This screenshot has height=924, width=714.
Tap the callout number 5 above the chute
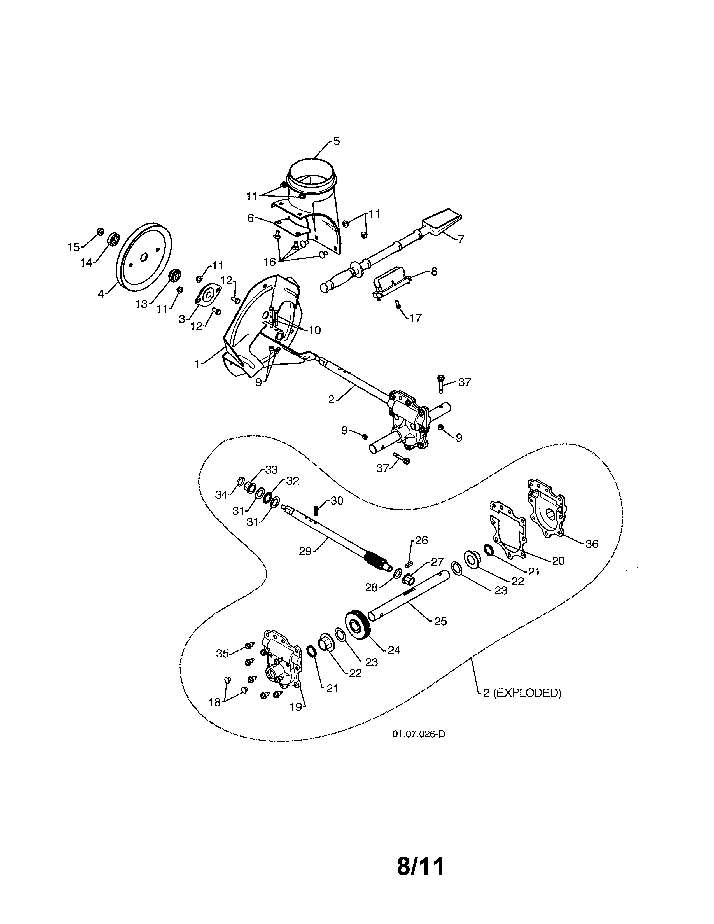click(x=336, y=142)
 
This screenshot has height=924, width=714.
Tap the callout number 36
click(x=591, y=544)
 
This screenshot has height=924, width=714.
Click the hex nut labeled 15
click(x=100, y=231)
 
